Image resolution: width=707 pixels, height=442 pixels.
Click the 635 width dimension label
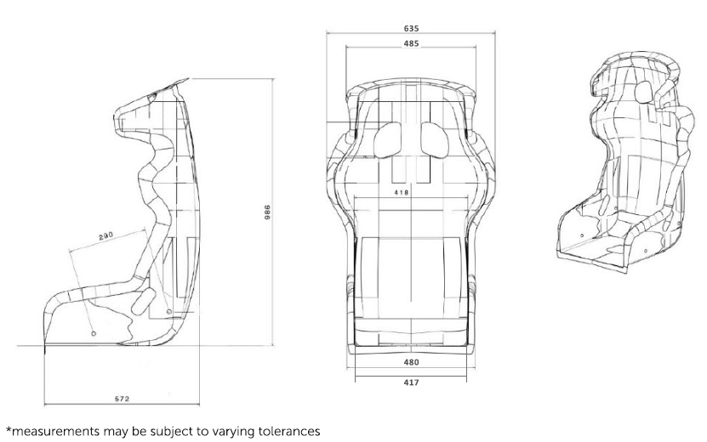411,28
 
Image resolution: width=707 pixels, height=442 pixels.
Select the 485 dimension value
411,43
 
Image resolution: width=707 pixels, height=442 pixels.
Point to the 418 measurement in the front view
402,192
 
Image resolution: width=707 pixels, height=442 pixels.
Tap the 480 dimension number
411,362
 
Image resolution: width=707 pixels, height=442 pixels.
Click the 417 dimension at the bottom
411,382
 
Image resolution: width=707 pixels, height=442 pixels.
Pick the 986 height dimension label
267,212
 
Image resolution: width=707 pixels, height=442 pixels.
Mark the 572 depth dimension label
122,399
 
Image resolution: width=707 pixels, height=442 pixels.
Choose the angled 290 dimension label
105,236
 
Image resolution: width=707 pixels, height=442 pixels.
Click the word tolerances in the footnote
289,431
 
